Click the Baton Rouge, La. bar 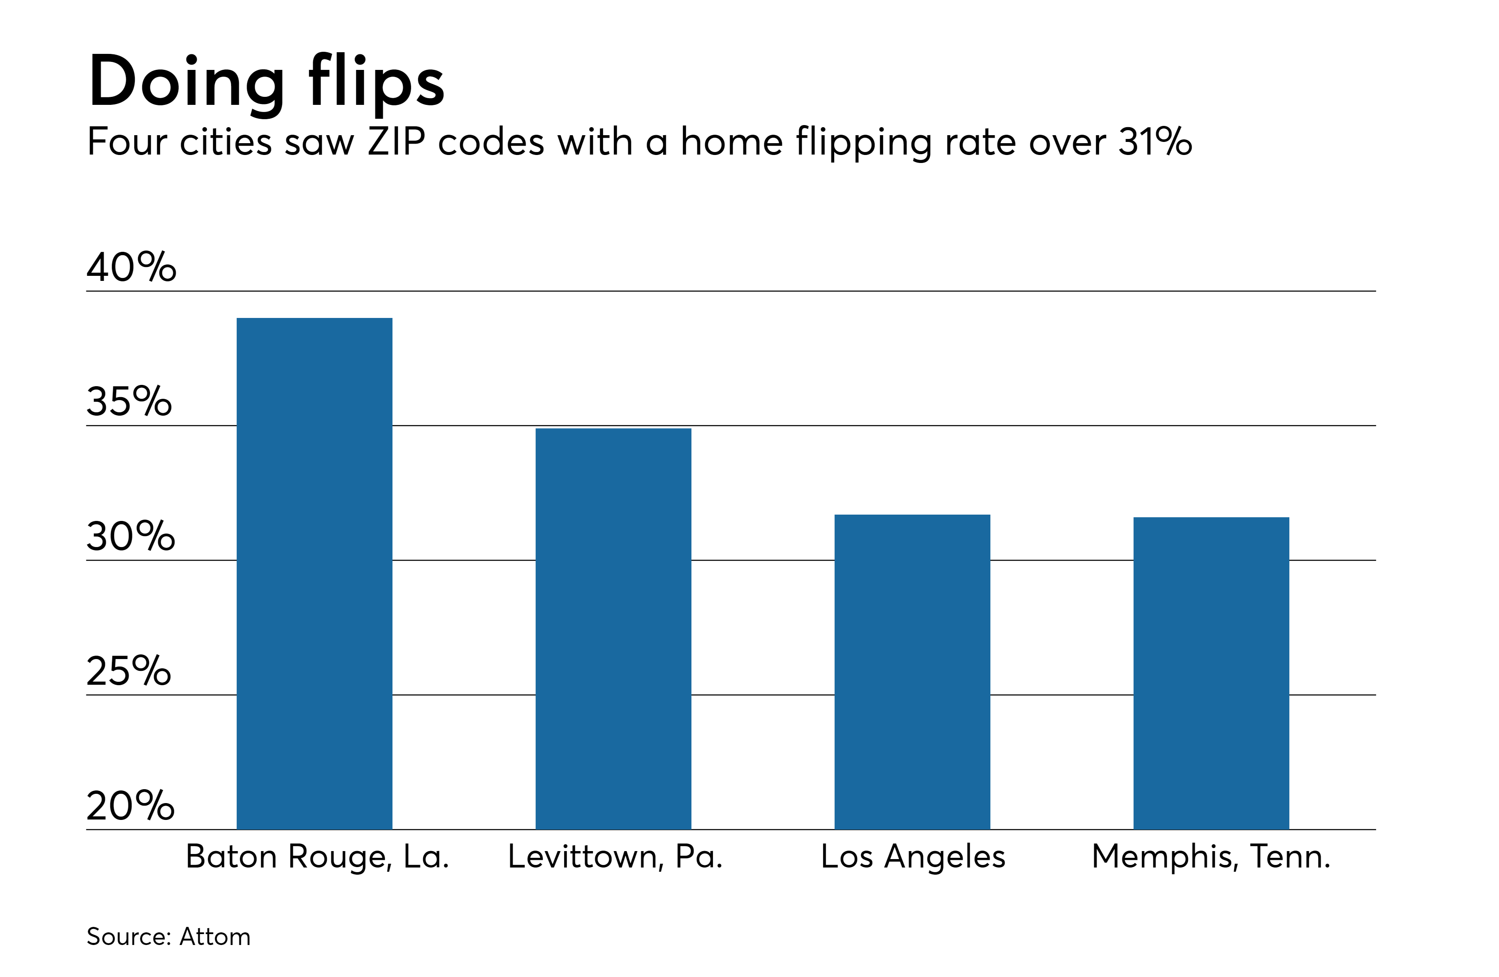click(314, 573)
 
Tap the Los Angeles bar click(912, 672)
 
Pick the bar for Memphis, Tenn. click(1211, 673)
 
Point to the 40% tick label click(131, 267)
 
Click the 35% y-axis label click(128, 401)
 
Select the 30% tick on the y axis click(131, 536)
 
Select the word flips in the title click(376, 82)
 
